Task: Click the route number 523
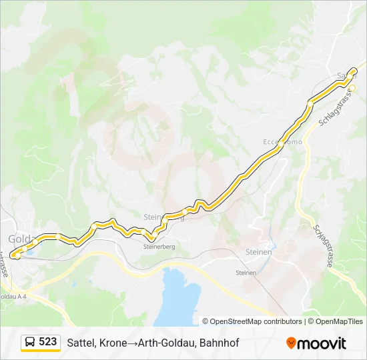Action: (48, 341)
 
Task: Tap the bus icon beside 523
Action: (31, 342)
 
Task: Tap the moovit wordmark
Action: (322, 343)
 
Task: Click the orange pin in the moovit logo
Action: (291, 343)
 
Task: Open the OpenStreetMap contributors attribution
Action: (256, 321)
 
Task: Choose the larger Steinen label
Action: (258, 252)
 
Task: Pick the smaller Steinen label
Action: (247, 273)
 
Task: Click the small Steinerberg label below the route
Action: (159, 246)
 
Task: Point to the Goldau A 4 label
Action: (13, 296)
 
